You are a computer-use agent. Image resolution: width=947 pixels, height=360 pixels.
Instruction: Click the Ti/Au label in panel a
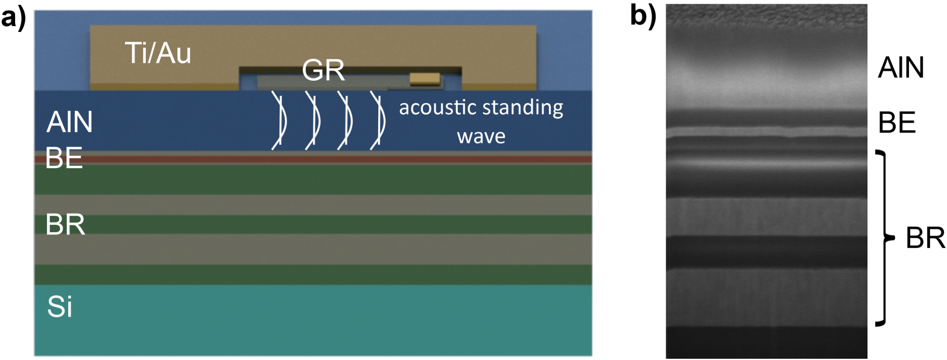point(158,53)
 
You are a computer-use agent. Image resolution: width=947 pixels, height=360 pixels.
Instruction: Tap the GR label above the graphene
point(323,71)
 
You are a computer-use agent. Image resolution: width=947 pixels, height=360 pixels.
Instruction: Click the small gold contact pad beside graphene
point(425,78)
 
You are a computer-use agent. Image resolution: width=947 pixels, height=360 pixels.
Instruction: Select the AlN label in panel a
point(70,122)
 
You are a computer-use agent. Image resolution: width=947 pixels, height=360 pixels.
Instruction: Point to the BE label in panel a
point(64,158)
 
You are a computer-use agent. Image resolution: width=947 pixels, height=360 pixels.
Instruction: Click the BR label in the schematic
point(65,225)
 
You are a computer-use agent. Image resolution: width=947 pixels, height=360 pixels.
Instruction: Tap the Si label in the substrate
point(60,307)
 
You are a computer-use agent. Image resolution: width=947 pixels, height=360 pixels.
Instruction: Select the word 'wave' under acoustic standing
point(481,136)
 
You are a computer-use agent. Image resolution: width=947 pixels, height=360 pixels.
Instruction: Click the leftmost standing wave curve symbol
point(279,119)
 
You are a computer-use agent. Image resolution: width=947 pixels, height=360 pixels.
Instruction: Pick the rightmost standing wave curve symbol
point(378,119)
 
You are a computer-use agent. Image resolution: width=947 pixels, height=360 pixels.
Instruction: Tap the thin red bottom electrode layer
point(314,159)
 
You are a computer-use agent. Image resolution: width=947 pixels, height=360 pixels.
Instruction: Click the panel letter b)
point(643,16)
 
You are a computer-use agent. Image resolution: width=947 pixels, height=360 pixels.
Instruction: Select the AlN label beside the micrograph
point(901,67)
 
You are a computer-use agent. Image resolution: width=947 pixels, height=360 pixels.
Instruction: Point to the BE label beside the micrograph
point(897,123)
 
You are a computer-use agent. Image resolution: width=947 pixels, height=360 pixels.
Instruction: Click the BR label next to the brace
point(925,239)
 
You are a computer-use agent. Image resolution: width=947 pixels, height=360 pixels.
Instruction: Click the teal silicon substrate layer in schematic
point(314,320)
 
